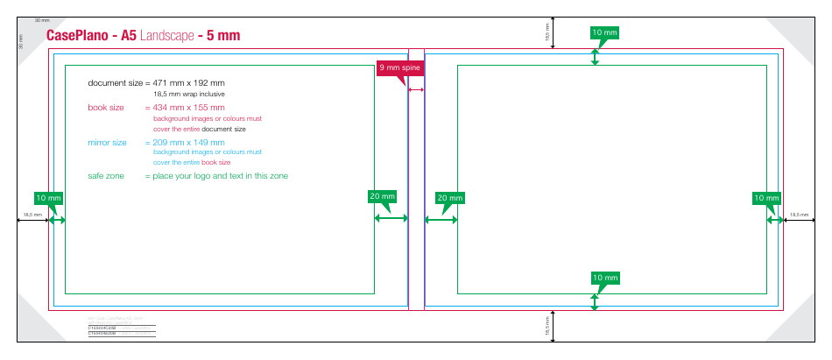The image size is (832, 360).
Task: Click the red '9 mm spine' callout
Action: pyautogui.click(x=398, y=67)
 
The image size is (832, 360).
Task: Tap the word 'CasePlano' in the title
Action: pyautogui.click(x=76, y=36)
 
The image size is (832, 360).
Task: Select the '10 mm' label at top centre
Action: pyautogui.click(x=604, y=32)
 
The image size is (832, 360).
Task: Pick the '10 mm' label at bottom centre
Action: pyautogui.click(x=604, y=278)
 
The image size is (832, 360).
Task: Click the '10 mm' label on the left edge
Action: pyautogui.click(x=48, y=198)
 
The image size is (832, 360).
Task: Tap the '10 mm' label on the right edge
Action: pyautogui.click(x=766, y=198)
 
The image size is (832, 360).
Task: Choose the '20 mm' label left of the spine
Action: pyautogui.click(x=383, y=197)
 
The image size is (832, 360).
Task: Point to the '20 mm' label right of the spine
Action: pyautogui.click(x=448, y=198)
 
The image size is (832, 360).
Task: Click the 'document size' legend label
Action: pyautogui.click(x=115, y=82)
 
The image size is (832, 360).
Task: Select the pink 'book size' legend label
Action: pyautogui.click(x=106, y=107)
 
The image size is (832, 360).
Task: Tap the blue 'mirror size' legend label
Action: pyautogui.click(x=107, y=142)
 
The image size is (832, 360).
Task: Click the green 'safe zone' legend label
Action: pyautogui.click(x=106, y=176)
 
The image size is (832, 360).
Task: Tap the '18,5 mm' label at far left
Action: pyautogui.click(x=32, y=215)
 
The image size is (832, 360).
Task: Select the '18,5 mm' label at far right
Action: pyautogui.click(x=799, y=215)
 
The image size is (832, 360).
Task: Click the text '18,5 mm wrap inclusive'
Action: pyautogui.click(x=189, y=94)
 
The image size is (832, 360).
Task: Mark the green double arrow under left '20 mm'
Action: pyautogui.click(x=391, y=218)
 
